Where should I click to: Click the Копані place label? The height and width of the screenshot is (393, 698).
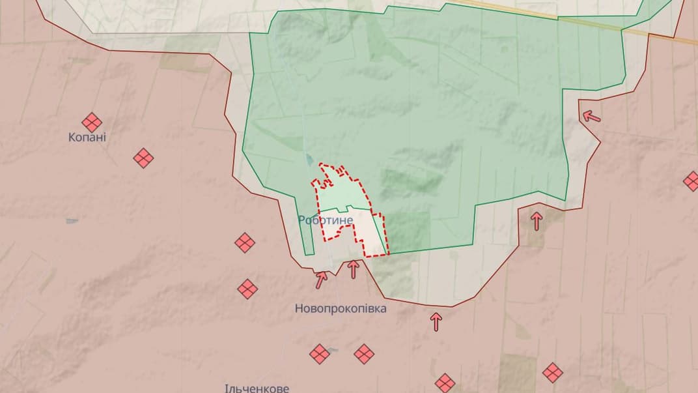87,138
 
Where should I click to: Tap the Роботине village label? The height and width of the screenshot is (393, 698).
326,220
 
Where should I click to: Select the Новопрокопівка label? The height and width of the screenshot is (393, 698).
341,308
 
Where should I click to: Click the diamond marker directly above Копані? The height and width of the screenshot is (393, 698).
92,122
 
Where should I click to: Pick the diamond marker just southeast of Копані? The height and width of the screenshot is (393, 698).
143,158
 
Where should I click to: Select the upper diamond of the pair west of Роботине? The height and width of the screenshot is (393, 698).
245,243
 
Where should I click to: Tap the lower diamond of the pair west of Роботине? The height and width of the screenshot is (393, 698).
247,289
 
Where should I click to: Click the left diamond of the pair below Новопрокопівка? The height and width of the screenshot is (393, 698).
320,354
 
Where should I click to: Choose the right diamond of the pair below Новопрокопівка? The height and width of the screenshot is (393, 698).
364,354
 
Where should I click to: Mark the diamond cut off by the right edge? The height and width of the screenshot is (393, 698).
691,181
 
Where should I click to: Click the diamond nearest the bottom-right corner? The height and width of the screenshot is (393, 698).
553,373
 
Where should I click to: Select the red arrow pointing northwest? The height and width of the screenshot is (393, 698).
591,117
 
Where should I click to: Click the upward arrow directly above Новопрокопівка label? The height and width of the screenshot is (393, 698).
354,269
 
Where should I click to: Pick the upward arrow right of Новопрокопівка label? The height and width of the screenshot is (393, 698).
436,321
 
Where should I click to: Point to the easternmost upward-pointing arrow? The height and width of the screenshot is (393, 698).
537,221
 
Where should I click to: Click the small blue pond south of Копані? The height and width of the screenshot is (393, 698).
72,221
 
